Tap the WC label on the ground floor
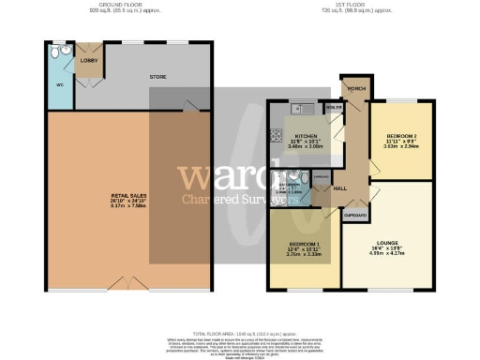click(x=60, y=85)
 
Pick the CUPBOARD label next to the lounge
click(x=355, y=215)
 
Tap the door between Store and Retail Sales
click(x=192, y=111)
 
